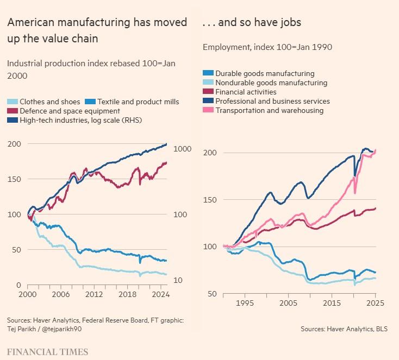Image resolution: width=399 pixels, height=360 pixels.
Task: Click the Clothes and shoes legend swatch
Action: pyautogui.click(x=12, y=102)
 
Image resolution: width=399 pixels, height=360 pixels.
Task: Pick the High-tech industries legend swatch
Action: pyautogui.click(x=12, y=120)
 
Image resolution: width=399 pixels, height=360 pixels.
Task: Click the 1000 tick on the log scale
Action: pyautogui.click(x=181, y=149)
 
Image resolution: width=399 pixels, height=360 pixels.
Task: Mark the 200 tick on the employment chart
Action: pyautogui.click(x=209, y=153)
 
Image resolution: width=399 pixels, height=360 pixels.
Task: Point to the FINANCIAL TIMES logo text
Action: pyautogui.click(x=47, y=352)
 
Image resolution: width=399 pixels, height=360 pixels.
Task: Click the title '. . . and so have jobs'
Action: pyautogui.click(x=251, y=22)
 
